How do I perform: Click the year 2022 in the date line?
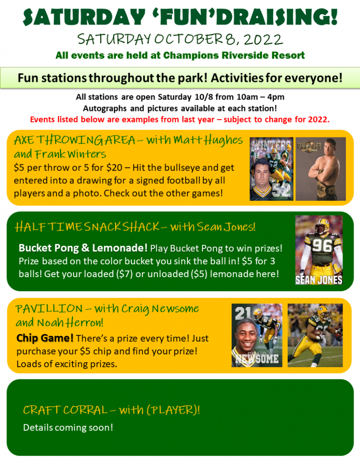pyautogui.click(x=264, y=40)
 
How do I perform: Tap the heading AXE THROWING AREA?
pyautogui.click(x=75, y=140)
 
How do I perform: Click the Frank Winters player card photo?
pyautogui.click(x=271, y=169)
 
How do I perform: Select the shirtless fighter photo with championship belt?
pyautogui.click(x=320, y=169)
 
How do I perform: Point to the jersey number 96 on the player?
pyautogui.click(x=322, y=246)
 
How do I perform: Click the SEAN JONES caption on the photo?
pyautogui.click(x=319, y=280)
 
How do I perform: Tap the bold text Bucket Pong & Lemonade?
pyautogui.click(x=83, y=248)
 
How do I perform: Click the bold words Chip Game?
pyautogui.click(x=45, y=338)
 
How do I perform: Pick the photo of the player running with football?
pyautogui.click(x=315, y=335)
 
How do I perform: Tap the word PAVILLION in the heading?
pyautogui.click(x=49, y=309)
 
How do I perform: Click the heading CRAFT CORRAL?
pyautogui.click(x=65, y=410)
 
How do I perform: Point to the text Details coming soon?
pyautogui.click(x=68, y=427)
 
